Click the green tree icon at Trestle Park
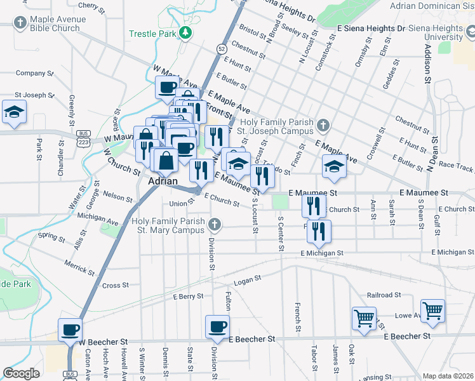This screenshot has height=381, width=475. point(185,33)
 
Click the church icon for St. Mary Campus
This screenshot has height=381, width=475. point(215,224)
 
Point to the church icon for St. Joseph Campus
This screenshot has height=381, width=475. point(324,125)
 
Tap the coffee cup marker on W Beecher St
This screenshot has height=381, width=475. point(70,330)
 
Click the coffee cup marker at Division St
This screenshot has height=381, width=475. point(217,326)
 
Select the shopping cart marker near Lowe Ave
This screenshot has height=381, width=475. point(432,311)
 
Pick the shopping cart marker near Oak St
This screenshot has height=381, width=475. point(365,317)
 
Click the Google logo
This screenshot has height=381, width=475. point(21,373)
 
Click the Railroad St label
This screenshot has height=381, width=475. point(384,295)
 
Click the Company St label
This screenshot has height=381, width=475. point(31,73)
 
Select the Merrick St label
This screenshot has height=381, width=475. point(79,267)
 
